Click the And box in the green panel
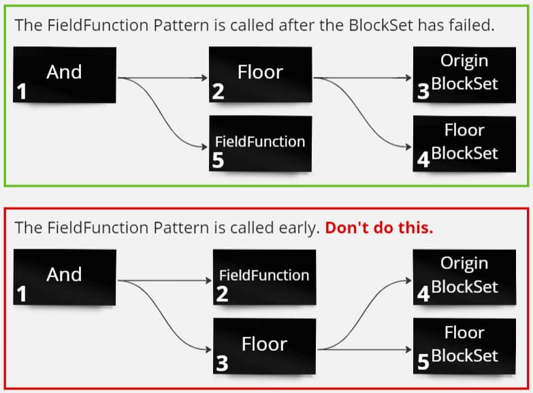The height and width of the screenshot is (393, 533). coord(64,75)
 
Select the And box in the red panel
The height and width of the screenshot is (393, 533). coord(64,277)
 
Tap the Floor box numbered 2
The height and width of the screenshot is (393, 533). coord(260,74)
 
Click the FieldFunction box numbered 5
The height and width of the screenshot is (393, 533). coord(260,144)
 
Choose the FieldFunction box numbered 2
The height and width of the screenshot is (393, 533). coord(264,277)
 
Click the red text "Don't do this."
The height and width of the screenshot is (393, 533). coord(378,227)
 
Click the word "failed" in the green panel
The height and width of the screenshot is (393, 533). coord(470,25)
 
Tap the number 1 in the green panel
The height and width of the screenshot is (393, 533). coord(21,92)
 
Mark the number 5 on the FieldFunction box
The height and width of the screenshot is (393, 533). coord(218,161)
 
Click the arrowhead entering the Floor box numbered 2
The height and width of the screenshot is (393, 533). coord(205,78)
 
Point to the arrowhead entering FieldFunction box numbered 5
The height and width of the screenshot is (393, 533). coord(205,145)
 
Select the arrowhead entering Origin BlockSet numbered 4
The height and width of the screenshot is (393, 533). coord(410,279)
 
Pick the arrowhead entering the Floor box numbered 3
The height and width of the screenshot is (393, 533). coord(209,349)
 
